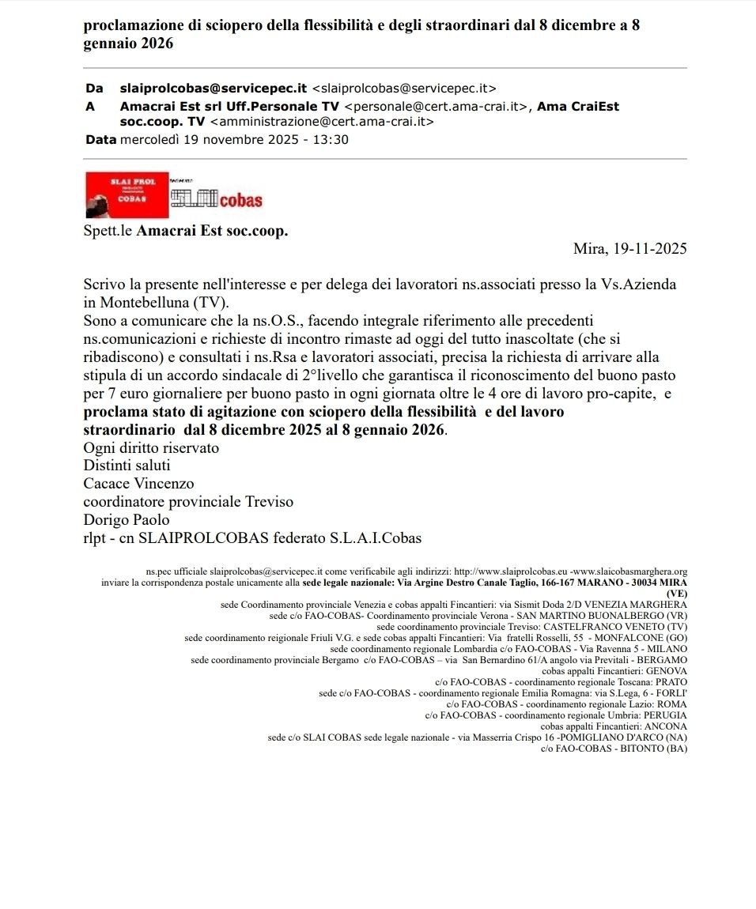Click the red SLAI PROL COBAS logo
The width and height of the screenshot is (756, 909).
(x=126, y=194)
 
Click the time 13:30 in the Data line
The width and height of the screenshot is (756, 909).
(x=331, y=139)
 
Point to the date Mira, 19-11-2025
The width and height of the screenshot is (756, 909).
(x=629, y=248)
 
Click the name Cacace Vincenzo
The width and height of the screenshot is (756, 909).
(x=138, y=483)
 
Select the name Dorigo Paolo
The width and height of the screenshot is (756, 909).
(x=127, y=519)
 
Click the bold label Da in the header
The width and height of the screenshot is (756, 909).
(x=94, y=88)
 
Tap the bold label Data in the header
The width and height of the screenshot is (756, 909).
(x=100, y=139)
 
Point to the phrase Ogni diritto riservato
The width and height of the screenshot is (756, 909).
(x=151, y=447)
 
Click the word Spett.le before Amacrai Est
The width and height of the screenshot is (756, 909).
(x=108, y=232)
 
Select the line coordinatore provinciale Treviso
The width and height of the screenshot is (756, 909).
(x=188, y=501)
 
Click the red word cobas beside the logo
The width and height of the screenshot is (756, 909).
(x=240, y=200)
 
